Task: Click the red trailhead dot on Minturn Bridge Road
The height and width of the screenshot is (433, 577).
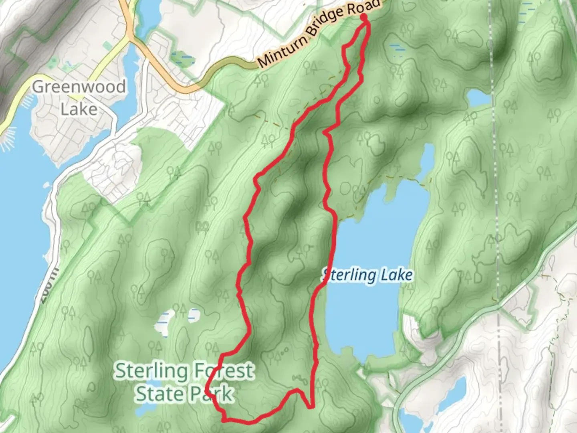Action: [364, 17]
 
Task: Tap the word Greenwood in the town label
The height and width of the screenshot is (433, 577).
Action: [79, 87]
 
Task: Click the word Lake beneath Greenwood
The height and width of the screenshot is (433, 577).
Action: [79, 109]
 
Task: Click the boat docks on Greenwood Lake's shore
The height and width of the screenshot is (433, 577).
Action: [9, 138]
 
